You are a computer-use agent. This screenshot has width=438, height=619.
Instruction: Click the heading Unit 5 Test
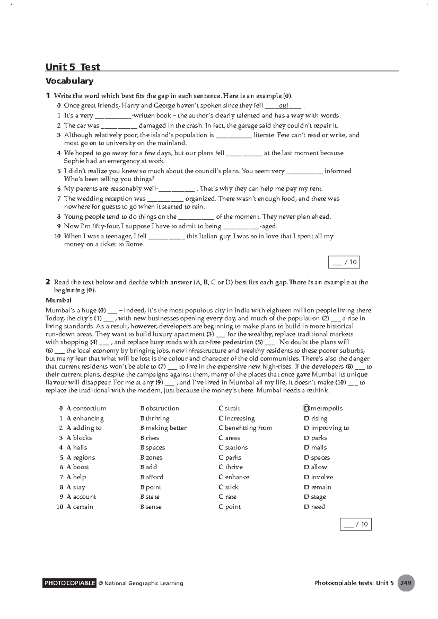click(x=73, y=67)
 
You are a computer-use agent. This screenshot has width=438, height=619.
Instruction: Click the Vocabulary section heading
click(x=69, y=81)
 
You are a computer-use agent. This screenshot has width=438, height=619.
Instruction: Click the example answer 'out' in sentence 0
click(x=284, y=106)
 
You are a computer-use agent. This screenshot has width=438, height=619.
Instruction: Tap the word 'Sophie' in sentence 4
click(x=74, y=161)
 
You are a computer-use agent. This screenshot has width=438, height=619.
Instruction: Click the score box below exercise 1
click(x=344, y=262)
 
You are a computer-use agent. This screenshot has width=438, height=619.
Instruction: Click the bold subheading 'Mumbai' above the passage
click(x=58, y=300)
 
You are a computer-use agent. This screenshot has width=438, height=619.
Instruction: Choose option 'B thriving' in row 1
click(x=155, y=418)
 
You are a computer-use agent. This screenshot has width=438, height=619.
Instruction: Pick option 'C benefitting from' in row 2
click(x=245, y=428)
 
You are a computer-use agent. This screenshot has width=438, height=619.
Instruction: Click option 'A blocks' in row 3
click(x=79, y=438)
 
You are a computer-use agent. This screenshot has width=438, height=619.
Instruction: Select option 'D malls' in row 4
click(x=315, y=448)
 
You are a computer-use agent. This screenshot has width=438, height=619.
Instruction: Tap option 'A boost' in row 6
click(x=78, y=467)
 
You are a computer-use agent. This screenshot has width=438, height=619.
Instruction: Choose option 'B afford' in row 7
click(x=151, y=477)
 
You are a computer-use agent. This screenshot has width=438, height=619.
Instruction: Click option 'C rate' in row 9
click(x=227, y=497)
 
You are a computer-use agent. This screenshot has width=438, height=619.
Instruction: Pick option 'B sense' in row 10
click(x=151, y=507)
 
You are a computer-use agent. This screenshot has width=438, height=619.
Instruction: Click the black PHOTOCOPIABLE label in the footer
click(x=70, y=583)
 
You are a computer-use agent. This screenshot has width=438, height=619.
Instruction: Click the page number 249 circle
click(x=406, y=583)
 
